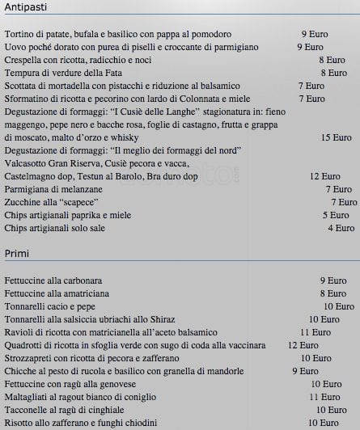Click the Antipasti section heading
(x=26, y=8)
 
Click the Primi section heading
(x=18, y=254)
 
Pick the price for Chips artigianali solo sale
(x=341, y=228)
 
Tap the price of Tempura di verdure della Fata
(x=333, y=73)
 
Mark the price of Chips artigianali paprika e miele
(x=336, y=215)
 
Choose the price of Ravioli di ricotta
(x=316, y=332)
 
